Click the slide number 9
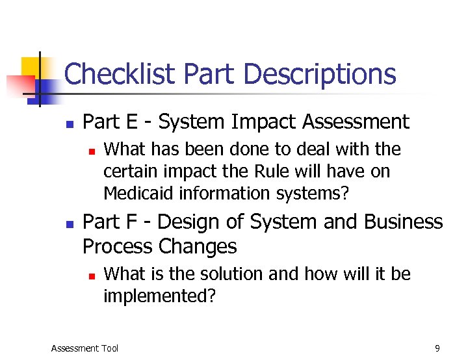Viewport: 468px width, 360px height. pyautogui.click(x=437, y=348)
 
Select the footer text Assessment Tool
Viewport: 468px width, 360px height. pyautogui.click(x=84, y=348)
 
